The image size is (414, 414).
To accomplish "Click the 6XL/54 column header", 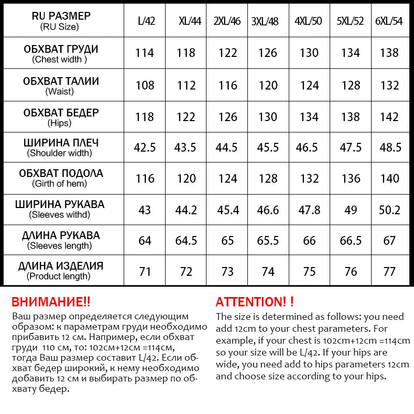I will pyautogui.click(x=390, y=21).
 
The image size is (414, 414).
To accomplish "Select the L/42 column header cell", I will pyautogui.click(x=146, y=21).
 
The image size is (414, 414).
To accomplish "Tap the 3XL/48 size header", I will pyautogui.click(x=265, y=21).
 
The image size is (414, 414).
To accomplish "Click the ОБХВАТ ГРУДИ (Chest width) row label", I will pyautogui.click(x=61, y=53).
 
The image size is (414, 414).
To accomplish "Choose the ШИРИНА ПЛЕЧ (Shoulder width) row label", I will pyautogui.click(x=61, y=147).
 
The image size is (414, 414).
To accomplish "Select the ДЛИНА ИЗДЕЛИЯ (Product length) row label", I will pyautogui.click(x=61, y=271).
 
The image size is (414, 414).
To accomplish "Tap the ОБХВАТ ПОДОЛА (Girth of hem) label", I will pyautogui.click(x=61, y=178).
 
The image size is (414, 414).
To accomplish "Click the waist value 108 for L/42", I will pyautogui.click(x=145, y=85).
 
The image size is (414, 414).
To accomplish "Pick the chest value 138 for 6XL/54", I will pyautogui.click(x=389, y=53).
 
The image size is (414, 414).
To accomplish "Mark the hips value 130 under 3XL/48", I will pyautogui.click(x=268, y=117).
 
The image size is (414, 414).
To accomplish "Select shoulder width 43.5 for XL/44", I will pyautogui.click(x=185, y=147).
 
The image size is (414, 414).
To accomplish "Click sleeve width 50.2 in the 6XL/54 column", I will pyautogui.click(x=390, y=210).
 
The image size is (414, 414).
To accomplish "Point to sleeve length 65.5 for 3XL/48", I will pyautogui.click(x=268, y=241).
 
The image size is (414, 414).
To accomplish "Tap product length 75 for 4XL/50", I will pyautogui.click(x=309, y=272).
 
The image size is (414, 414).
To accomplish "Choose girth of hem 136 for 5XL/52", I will pyautogui.click(x=351, y=179).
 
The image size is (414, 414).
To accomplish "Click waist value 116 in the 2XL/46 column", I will pyautogui.click(x=228, y=85).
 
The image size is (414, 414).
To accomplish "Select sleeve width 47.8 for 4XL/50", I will pyautogui.click(x=309, y=210).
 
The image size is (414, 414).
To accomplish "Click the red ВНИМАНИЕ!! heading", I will pyautogui.click(x=51, y=302).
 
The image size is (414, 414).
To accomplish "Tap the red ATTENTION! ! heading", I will pyautogui.click(x=255, y=302).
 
